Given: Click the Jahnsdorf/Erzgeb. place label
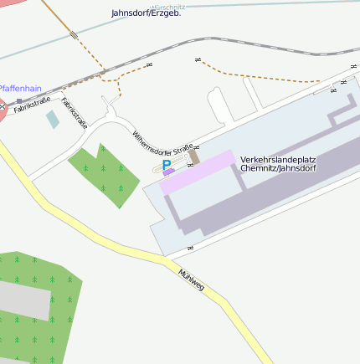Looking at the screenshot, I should click(x=146, y=13).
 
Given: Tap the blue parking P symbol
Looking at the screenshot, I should click(x=167, y=166).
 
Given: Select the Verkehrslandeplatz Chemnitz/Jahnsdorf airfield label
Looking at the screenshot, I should click(x=278, y=163).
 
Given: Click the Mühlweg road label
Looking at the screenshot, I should click(x=191, y=280).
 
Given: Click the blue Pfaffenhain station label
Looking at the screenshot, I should click(x=20, y=88).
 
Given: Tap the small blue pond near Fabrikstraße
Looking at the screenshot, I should click(x=53, y=119).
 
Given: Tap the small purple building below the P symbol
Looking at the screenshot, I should click(x=169, y=173).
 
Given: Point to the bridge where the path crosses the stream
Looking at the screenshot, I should click(x=75, y=35).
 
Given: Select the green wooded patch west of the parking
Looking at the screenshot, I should click(x=103, y=172).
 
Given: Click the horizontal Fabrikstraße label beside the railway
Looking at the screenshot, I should click(x=32, y=106).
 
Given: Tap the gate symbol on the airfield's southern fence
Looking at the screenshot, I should click(x=190, y=249).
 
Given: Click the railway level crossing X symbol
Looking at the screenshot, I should click(x=3, y=106).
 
